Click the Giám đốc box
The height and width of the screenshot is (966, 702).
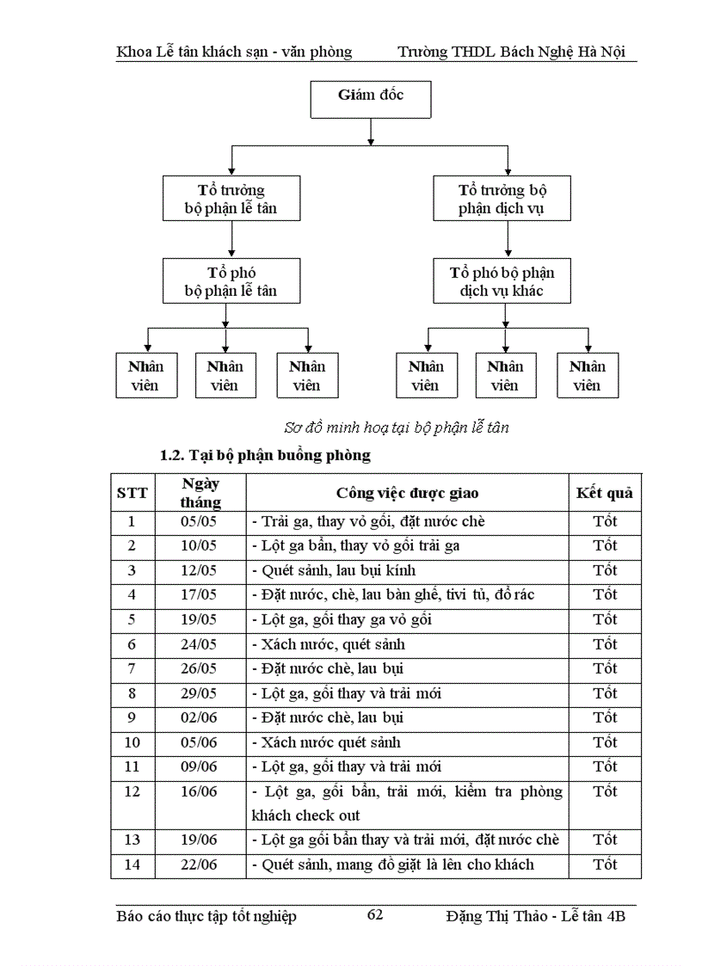(x=370, y=97)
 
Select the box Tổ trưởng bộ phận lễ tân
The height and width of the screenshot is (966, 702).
(x=231, y=199)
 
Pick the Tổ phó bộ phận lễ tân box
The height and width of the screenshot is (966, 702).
(x=231, y=281)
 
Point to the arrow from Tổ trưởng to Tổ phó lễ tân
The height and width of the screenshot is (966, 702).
(x=231, y=240)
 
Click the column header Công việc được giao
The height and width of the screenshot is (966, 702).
(x=407, y=493)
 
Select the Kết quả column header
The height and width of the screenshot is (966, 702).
(x=604, y=493)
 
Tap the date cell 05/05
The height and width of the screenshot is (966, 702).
(x=200, y=521)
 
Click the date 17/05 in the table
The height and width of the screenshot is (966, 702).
(x=200, y=594)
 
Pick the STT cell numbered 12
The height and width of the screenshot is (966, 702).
(x=132, y=791)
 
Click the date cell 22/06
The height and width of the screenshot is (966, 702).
(x=200, y=864)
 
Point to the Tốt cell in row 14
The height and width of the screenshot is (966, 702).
(x=604, y=864)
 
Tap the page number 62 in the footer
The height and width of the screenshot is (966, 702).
(x=375, y=914)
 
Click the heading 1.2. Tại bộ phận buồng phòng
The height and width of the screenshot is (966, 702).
(x=265, y=455)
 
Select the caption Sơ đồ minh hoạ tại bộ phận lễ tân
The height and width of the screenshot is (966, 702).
(x=396, y=428)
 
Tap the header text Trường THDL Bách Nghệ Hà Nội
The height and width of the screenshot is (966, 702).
(x=516, y=52)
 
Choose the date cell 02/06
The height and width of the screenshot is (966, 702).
(x=200, y=717)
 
